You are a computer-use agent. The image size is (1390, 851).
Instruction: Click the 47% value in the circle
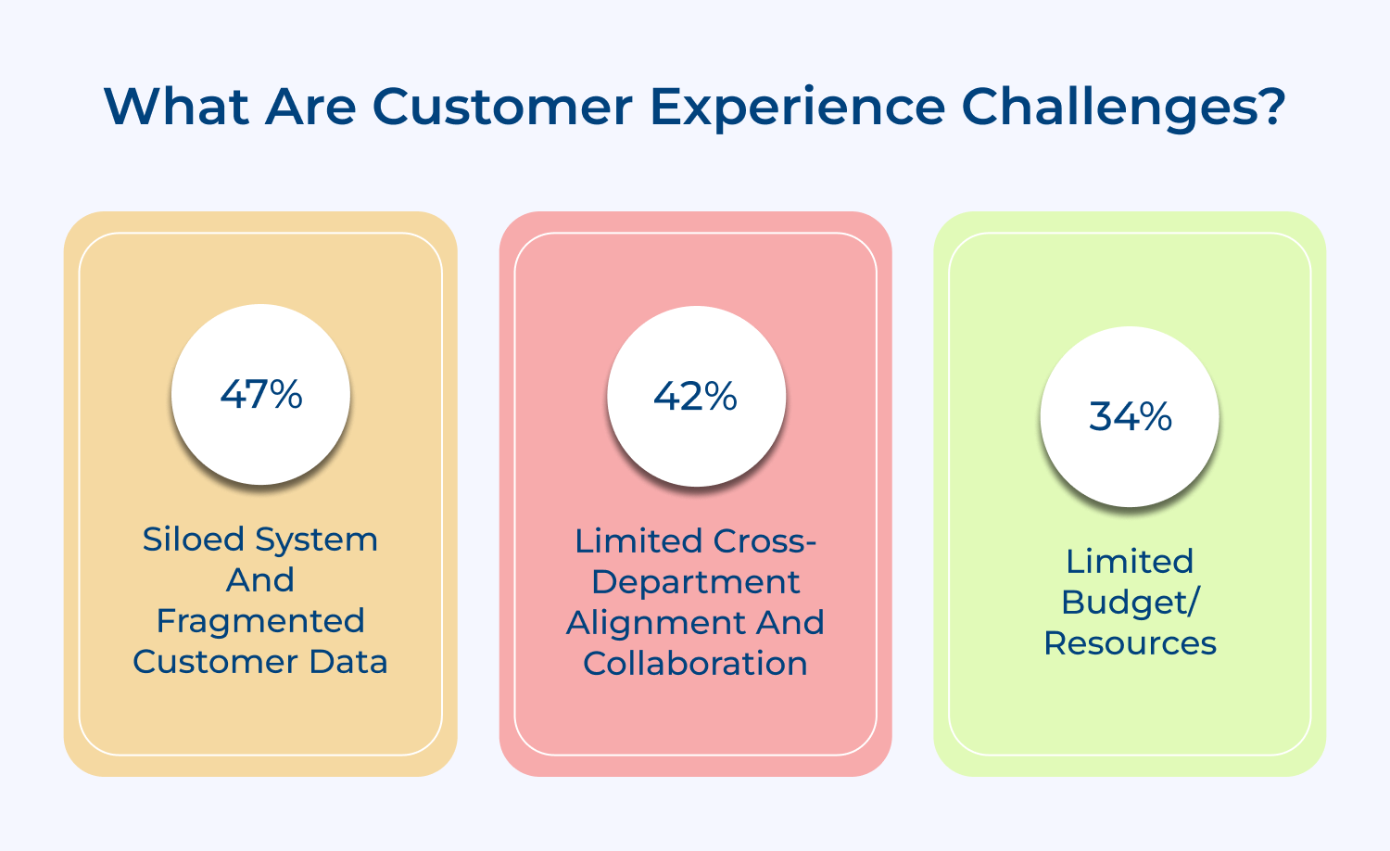261,395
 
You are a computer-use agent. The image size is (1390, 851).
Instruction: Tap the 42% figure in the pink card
696,397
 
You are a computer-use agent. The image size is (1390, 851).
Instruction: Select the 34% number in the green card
1130,417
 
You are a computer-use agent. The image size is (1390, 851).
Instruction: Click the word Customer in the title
503,107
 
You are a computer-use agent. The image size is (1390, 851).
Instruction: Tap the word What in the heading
176,107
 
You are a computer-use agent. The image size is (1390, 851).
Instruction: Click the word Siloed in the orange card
193,540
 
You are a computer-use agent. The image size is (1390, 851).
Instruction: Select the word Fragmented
260,621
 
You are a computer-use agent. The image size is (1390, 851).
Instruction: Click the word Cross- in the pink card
764,541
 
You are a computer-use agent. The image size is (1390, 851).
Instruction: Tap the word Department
696,582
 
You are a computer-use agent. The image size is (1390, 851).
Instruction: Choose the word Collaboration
696,664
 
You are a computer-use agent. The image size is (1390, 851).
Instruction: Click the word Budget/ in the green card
1130,603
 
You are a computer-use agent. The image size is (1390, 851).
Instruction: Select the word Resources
1130,643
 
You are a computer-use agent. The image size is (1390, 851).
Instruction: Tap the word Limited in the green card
1130,562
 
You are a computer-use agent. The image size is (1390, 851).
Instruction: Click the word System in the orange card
317,540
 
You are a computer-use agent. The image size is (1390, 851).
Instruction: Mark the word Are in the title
310,107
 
